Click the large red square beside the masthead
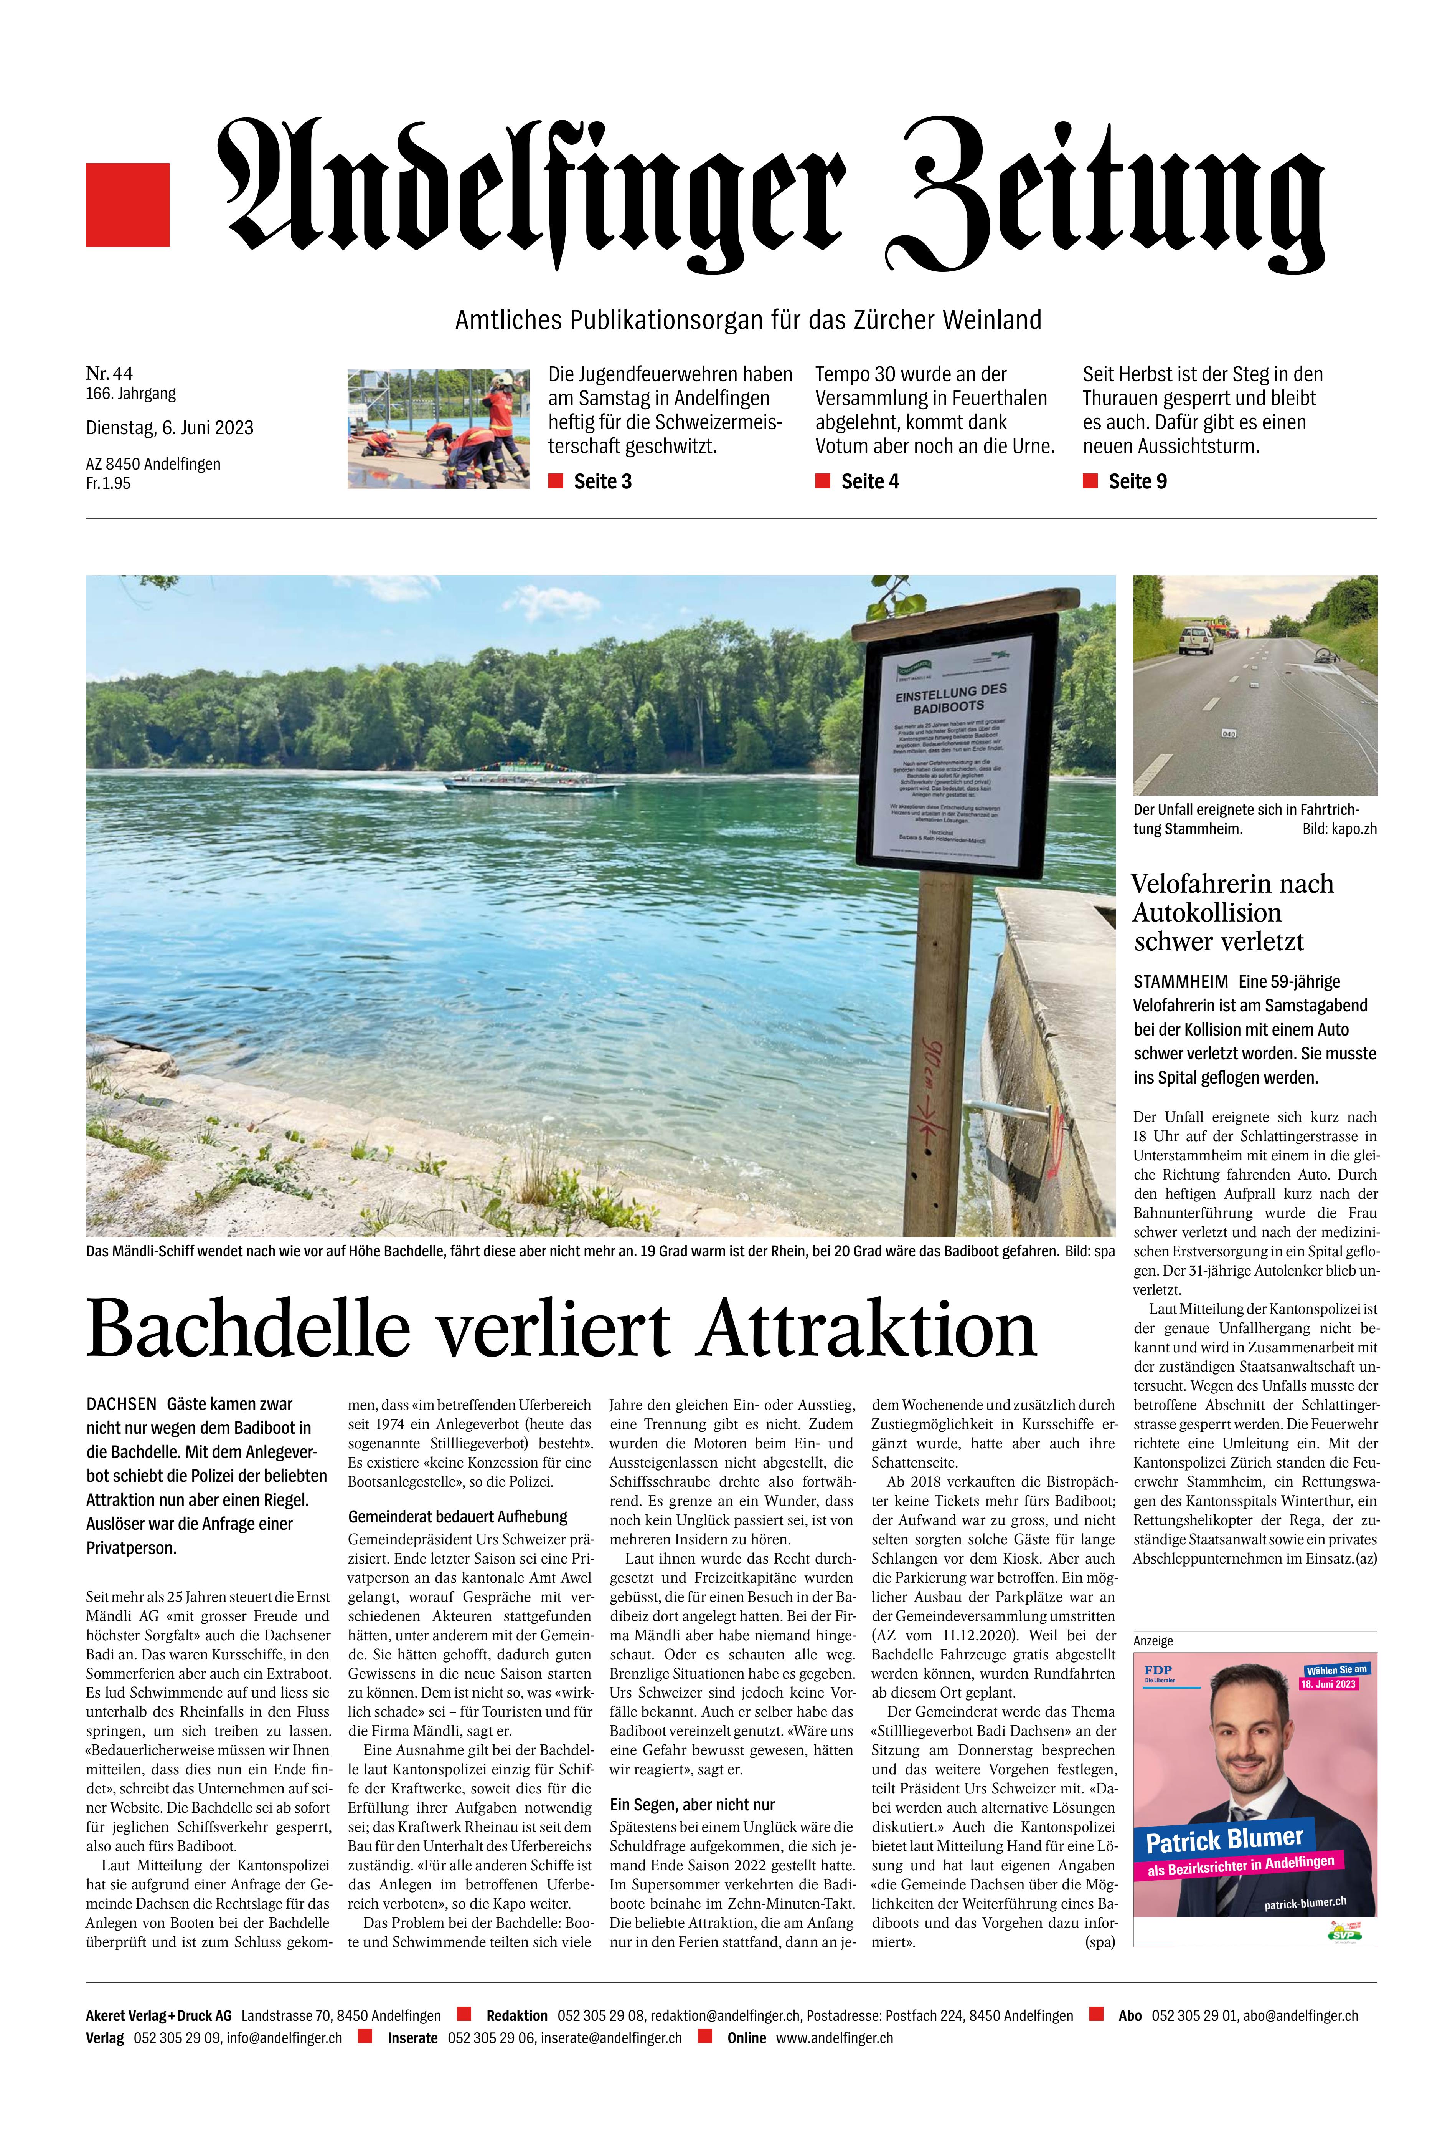point(127,205)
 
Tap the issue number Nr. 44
point(109,373)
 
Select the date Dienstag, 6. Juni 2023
point(170,427)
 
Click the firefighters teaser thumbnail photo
point(438,428)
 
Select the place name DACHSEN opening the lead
point(121,1404)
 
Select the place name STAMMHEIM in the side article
point(1181,981)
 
